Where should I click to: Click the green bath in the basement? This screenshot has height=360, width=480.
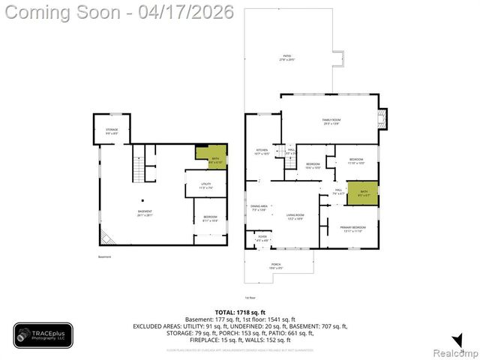(x=211, y=157)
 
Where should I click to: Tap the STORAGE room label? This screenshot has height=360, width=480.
(x=111, y=131)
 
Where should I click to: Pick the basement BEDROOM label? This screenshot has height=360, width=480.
(x=210, y=219)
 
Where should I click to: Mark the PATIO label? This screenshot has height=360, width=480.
(x=286, y=57)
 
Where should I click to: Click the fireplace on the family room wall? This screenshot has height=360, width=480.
(x=385, y=118)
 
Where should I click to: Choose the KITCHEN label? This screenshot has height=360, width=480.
(x=262, y=151)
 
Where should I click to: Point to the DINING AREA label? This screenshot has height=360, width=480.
(x=259, y=208)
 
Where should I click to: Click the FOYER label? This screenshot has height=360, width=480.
(x=262, y=238)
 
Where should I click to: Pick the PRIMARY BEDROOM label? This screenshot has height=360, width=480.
(x=352, y=229)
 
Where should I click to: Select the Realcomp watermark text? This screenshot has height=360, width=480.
(x=457, y=352)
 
